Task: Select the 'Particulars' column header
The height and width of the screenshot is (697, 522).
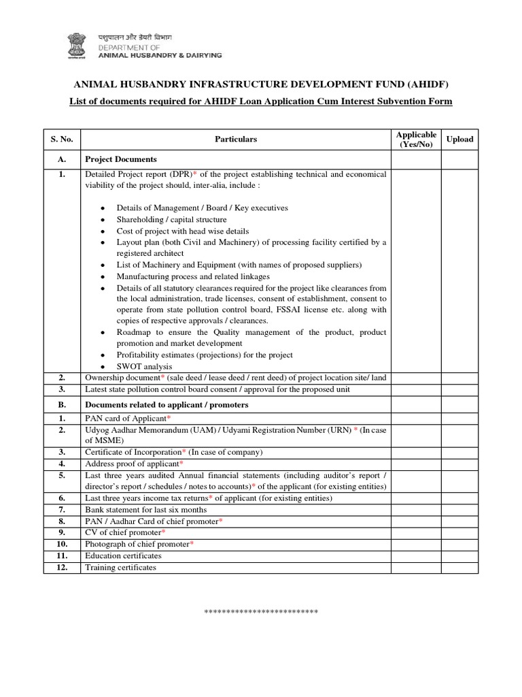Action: click(x=236, y=139)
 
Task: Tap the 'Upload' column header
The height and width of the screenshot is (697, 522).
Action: click(x=459, y=139)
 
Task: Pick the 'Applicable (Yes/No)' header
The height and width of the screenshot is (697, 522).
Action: click(x=416, y=140)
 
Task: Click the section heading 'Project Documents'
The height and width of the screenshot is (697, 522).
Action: click(x=121, y=159)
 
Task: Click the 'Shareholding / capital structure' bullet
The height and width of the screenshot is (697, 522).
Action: click(x=171, y=220)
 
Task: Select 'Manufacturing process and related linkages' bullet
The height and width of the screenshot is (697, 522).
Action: click(x=193, y=276)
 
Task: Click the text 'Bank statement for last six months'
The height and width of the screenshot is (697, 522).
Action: click(x=145, y=510)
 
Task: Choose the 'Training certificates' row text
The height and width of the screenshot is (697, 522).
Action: click(x=120, y=567)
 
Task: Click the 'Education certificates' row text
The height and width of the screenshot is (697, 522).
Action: click(x=123, y=555)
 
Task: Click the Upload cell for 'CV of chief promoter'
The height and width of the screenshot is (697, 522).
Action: click(x=459, y=532)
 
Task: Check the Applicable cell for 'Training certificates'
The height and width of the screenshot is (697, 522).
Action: click(x=416, y=567)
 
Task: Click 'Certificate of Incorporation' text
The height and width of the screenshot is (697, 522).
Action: click(x=133, y=452)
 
